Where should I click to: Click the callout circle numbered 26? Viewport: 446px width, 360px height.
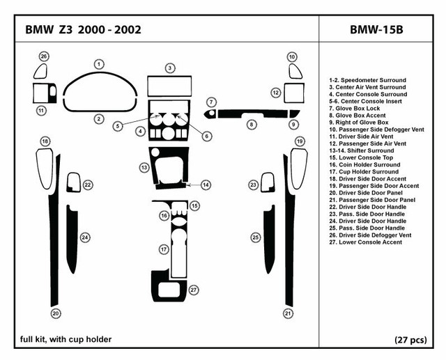tap(44, 56)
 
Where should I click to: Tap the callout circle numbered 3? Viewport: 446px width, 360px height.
tap(169, 68)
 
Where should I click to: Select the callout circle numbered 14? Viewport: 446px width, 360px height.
tap(207, 185)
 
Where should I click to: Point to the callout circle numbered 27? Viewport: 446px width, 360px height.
tap(194, 290)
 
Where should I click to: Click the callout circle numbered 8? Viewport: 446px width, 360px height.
tap(252, 124)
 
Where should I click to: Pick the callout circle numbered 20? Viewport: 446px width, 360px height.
tap(55, 313)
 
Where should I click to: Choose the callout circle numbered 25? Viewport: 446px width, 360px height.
tap(256, 237)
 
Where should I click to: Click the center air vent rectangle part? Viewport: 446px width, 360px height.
tap(169, 88)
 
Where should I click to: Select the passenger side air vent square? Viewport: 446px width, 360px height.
tap(293, 93)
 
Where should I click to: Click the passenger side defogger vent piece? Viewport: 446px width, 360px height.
tap(293, 71)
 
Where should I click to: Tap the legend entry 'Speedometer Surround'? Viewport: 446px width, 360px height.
tap(367, 79)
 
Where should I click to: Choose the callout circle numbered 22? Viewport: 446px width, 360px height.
tap(89, 185)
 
